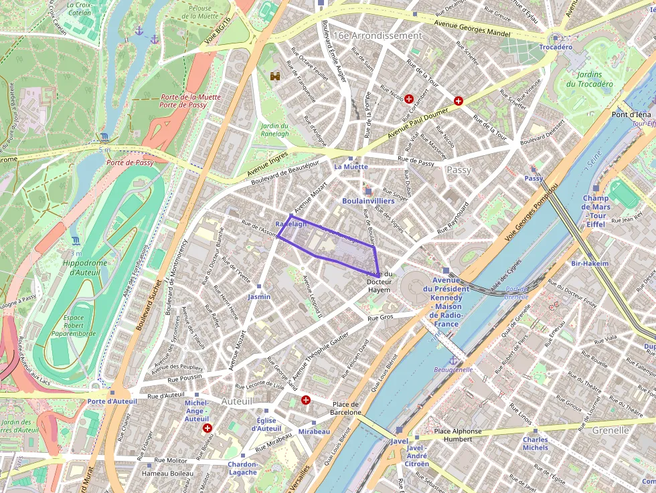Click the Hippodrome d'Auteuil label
point(84,268)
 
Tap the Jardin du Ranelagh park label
point(274,130)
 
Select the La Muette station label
point(351,166)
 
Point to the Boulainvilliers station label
point(367,200)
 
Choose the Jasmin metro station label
point(259,296)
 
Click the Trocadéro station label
point(556,47)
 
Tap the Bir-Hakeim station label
point(590,264)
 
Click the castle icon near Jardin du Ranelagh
point(274,76)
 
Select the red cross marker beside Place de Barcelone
point(306,400)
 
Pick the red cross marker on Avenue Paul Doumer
point(459,101)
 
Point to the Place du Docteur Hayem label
point(379,282)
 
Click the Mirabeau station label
point(314,431)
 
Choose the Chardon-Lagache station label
point(242,468)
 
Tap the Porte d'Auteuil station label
point(112,401)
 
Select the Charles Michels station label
point(535,443)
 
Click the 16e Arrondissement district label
point(378,35)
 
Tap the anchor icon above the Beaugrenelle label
point(453,361)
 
